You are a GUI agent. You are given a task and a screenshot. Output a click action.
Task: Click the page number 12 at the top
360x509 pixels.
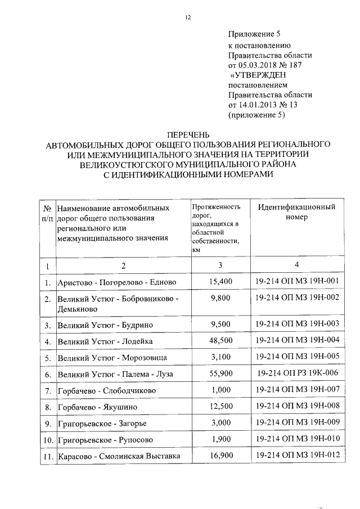click(188, 17)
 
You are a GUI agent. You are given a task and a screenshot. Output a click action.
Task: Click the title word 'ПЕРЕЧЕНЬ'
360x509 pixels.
click(188, 135)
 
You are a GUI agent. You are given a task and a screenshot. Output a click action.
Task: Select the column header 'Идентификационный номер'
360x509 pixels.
click(297, 212)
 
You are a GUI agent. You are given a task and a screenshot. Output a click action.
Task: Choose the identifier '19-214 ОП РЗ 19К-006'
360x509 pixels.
click(297, 373)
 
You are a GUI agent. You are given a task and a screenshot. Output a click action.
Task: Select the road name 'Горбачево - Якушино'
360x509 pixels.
click(97, 407)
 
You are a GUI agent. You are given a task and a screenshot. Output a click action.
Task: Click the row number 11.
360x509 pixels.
click(47, 456)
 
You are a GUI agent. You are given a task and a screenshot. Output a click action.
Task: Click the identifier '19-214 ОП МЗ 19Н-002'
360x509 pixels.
click(297, 298)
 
